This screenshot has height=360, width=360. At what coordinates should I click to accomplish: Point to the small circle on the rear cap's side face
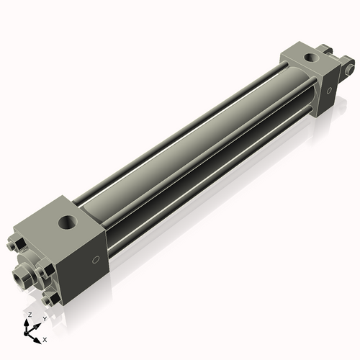coord(329,91)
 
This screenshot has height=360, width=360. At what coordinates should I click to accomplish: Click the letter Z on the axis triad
coord(30,315)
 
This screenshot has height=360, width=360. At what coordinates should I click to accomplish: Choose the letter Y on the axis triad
coord(45,318)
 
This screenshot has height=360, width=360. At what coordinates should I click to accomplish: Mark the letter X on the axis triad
coord(45,338)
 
